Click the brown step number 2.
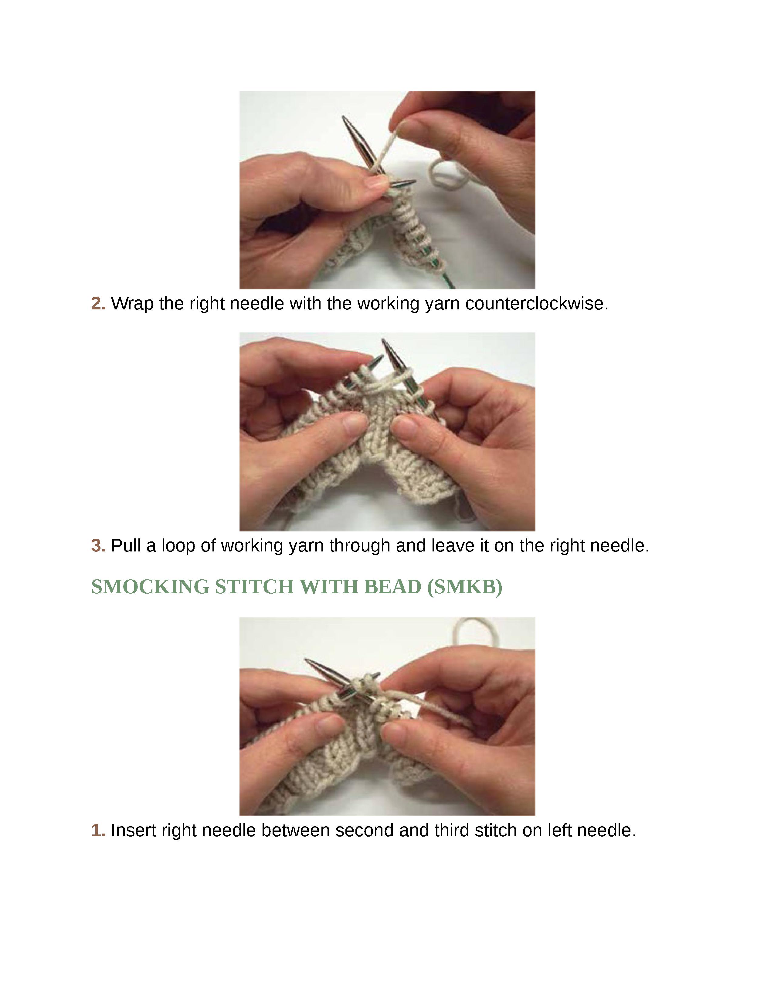98,304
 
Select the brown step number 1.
98,831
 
